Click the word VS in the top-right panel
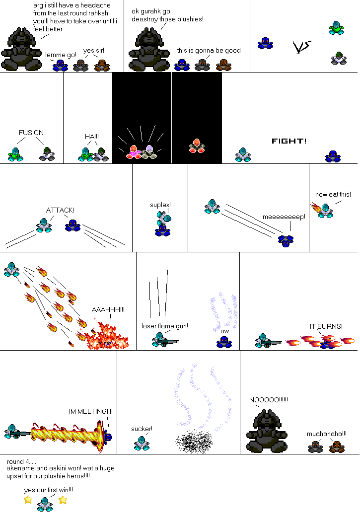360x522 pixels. coord(302,47)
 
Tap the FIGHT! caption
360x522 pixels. coord(289,141)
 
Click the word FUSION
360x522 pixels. coord(31,133)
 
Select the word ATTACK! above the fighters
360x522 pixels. coord(60,210)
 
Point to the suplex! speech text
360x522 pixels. coord(160,205)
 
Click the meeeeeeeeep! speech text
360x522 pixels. coord(284,217)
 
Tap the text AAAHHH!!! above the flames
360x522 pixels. coord(108,309)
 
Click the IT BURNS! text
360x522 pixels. coord(326,326)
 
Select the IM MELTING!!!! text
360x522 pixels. coord(91,411)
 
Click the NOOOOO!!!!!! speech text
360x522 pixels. coord(268,400)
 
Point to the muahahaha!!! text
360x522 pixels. coord(327,433)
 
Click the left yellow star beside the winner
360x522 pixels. coord(28,500)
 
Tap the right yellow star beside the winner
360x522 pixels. coord(63,500)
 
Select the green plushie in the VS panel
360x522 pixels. coord(336,28)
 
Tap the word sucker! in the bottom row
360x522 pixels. coord(142,429)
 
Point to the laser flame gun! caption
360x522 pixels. coord(165,326)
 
